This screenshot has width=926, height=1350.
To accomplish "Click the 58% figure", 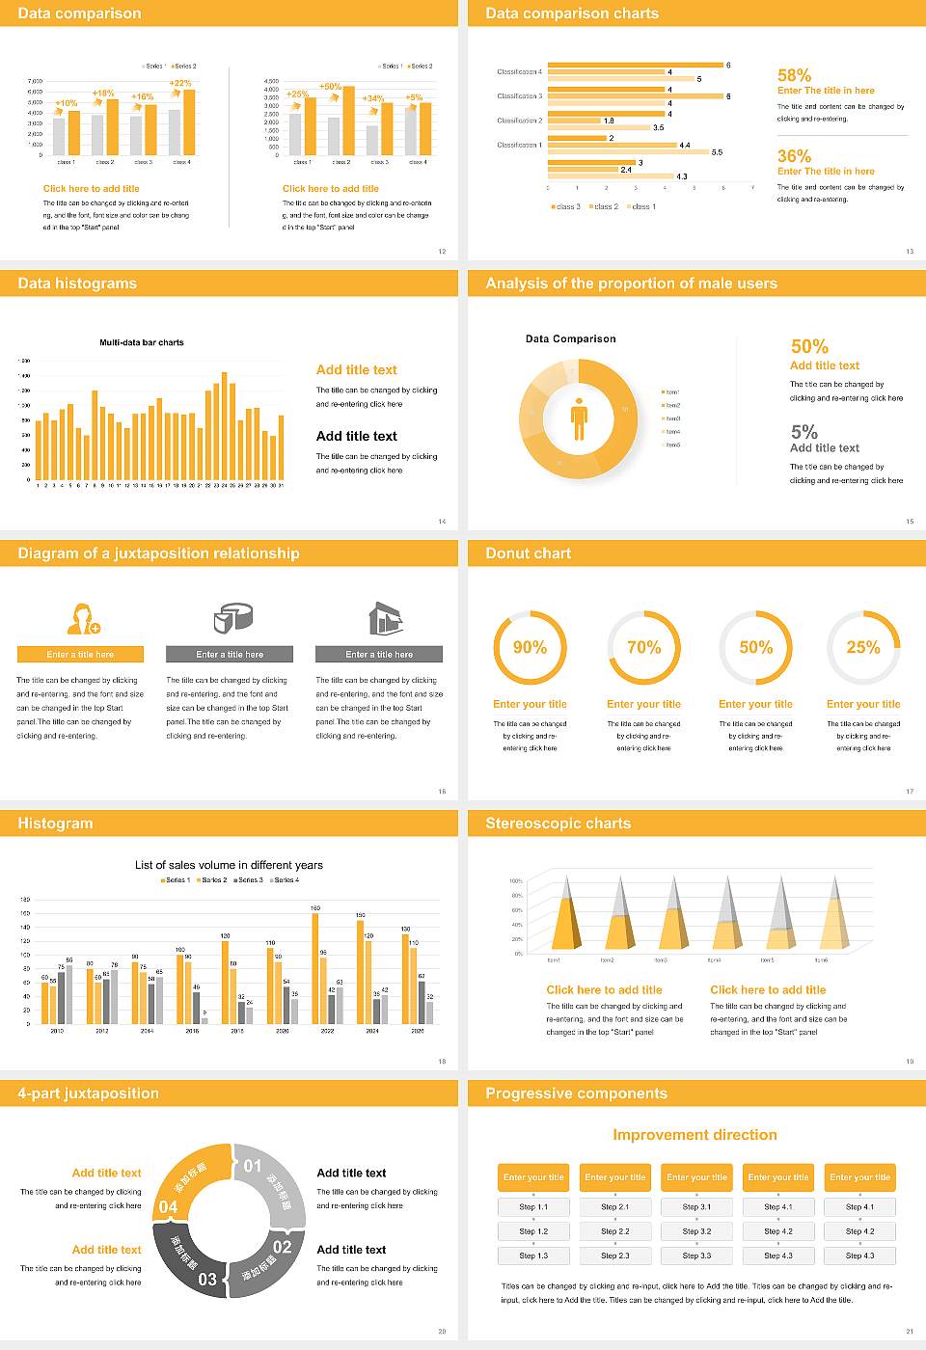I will pyautogui.click(x=794, y=75).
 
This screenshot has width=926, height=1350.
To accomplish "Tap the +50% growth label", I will pyautogui.click(x=330, y=87).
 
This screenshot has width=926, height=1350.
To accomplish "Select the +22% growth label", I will pyautogui.click(x=180, y=84).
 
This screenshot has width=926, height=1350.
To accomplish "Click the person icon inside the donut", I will pyautogui.click(x=579, y=418).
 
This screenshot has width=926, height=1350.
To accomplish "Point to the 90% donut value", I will pyautogui.click(x=530, y=647).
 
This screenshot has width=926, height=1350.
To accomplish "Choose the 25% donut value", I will pyautogui.click(x=862, y=647).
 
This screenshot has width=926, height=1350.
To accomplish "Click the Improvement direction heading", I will pyautogui.click(x=694, y=1135).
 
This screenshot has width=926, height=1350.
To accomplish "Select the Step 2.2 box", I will pyautogui.click(x=615, y=1231).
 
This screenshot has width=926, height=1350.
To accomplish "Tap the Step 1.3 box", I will pyautogui.click(x=533, y=1255).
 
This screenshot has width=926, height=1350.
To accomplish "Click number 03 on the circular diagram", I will pyautogui.click(x=207, y=1279).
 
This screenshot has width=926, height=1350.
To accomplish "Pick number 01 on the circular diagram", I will pyautogui.click(x=253, y=1166).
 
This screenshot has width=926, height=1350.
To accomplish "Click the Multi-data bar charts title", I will pyautogui.click(x=142, y=342).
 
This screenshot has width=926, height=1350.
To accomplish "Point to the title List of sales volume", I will pyautogui.click(x=229, y=865).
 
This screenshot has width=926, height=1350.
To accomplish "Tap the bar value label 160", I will pyautogui.click(x=315, y=908).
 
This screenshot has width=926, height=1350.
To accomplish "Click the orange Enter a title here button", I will pyautogui.click(x=81, y=655).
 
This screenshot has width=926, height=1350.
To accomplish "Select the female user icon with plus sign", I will pyautogui.click(x=83, y=618).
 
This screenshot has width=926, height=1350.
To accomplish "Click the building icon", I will pyautogui.click(x=385, y=618).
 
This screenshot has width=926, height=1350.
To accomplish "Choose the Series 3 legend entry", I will pyautogui.click(x=248, y=880).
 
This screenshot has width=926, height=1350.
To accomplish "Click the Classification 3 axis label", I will pyautogui.click(x=519, y=96).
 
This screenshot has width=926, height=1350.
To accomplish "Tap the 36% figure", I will pyautogui.click(x=794, y=156).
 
